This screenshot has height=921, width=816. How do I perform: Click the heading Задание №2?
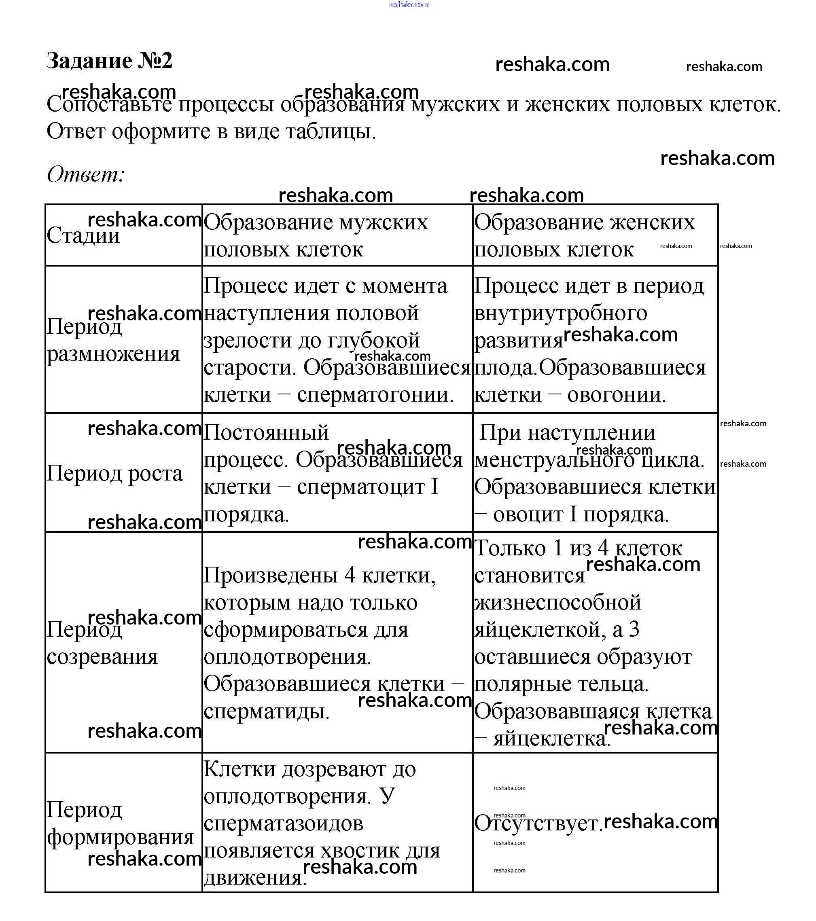tap(110, 61)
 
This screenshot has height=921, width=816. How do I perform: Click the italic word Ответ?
tap(86, 174)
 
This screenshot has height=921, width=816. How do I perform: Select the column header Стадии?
tap(83, 236)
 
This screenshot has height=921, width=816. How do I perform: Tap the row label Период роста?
tap(114, 474)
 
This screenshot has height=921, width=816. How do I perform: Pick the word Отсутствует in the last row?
tap(538, 824)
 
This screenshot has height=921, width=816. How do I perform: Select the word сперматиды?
tap(266, 711)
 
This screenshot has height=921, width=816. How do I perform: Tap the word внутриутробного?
tap(561, 313)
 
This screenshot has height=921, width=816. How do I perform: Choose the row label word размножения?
tap(114, 354)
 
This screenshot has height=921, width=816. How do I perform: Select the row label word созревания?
tap(102, 657)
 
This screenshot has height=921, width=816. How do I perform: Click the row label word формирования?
tap(120, 837)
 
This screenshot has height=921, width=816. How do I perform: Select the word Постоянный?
tap(266, 432)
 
